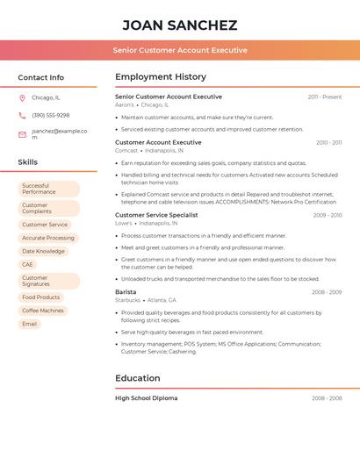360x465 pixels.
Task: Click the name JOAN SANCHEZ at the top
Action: (x=180, y=25)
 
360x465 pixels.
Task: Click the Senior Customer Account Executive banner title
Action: (x=180, y=50)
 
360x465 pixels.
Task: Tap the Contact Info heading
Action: (x=41, y=77)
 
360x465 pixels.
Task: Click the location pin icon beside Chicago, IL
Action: (x=22, y=97)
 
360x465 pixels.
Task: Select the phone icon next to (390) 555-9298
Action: (x=22, y=115)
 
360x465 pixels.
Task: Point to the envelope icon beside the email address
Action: (x=22, y=134)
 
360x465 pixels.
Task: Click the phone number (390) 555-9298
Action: (x=51, y=115)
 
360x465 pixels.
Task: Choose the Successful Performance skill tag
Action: (x=48, y=189)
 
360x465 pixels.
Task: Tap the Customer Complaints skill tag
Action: (x=48, y=208)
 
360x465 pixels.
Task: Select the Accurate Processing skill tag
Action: (x=48, y=238)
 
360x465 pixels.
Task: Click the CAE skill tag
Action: (x=28, y=264)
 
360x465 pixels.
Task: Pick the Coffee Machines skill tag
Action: (x=43, y=310)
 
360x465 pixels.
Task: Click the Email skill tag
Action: (x=30, y=324)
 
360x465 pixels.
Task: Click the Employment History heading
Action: (x=161, y=77)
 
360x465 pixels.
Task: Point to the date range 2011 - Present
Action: (x=325, y=97)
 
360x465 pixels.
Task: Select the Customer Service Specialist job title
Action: (x=156, y=215)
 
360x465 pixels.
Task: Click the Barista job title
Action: (x=126, y=291)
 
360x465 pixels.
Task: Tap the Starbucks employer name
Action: (x=128, y=300)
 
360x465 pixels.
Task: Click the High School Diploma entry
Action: (x=146, y=398)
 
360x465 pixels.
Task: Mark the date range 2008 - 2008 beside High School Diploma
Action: (x=327, y=398)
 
